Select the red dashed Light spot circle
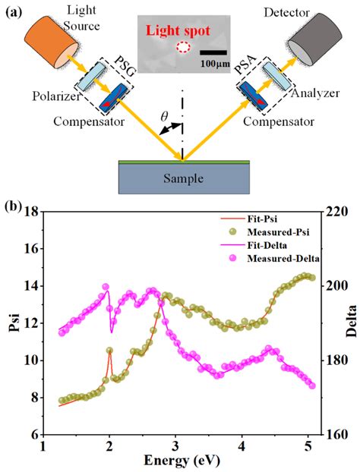click(183, 48)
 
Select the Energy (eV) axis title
click(178, 461)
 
